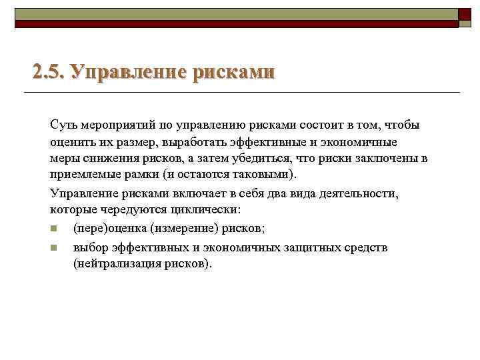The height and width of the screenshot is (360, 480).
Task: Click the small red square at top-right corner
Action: point(465,15)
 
